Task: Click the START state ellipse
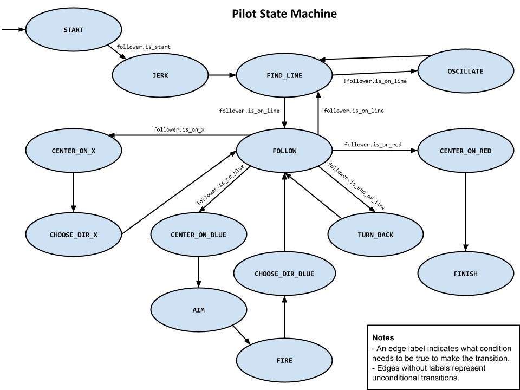pos(73,30)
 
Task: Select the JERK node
pos(160,75)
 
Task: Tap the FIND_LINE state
pos(284,75)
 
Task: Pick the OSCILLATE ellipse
pos(465,71)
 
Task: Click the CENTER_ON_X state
pos(73,151)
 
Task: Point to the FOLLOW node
pos(284,151)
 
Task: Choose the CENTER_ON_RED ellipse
pos(465,151)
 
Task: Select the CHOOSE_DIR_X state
pos(73,235)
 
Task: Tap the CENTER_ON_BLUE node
pos(198,235)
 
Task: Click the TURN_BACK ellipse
pos(375,235)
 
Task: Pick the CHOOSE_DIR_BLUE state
pos(284,274)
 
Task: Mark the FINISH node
pos(465,274)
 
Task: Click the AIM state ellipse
pos(198,310)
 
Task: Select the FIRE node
pos(284,360)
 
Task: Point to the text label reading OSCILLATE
pos(465,71)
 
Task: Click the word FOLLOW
pos(284,151)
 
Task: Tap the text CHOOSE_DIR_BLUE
pos(284,274)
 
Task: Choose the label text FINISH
pos(465,274)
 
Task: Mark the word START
pos(73,30)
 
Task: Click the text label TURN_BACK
pos(375,235)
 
